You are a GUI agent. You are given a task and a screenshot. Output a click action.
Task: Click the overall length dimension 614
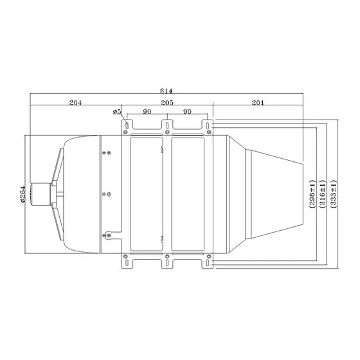[x=166, y=91]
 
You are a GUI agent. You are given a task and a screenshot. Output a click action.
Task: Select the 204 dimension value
[x=75, y=102]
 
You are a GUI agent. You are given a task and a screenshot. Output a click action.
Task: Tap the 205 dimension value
[x=167, y=102]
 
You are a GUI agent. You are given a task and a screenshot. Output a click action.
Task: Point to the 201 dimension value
[x=258, y=102]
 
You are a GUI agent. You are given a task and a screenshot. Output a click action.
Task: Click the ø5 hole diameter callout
[x=117, y=112]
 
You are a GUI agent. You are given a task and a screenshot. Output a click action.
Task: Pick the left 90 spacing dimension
[x=147, y=112]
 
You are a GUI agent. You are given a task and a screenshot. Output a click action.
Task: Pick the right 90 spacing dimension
[x=187, y=112]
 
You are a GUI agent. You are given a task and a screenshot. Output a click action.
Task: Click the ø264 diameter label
[x=22, y=194]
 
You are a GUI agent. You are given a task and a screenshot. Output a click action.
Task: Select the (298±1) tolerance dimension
[x=312, y=194]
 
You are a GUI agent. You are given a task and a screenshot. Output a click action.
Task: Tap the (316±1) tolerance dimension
[x=323, y=194]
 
